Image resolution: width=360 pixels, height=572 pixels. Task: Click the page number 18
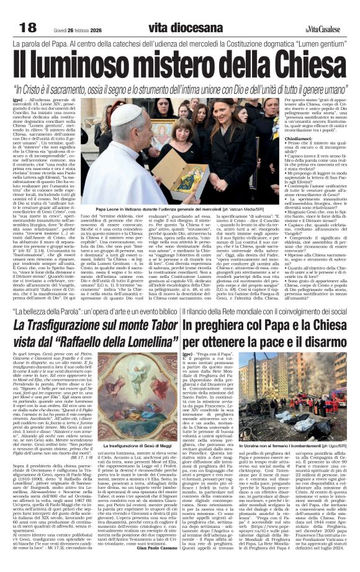coord(28,27)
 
